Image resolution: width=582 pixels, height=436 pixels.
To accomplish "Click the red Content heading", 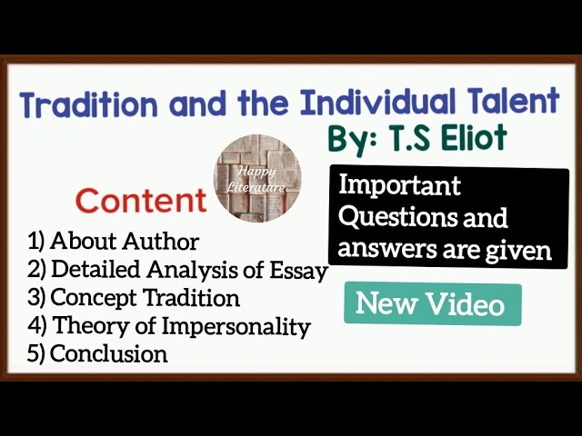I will [141, 200].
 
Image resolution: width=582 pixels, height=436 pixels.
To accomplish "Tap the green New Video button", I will [431, 304].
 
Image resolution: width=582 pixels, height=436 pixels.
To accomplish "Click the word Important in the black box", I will [399, 187].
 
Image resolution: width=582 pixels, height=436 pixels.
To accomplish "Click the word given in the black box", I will [521, 249].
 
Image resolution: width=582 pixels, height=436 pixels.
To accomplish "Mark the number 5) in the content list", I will [36, 354].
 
